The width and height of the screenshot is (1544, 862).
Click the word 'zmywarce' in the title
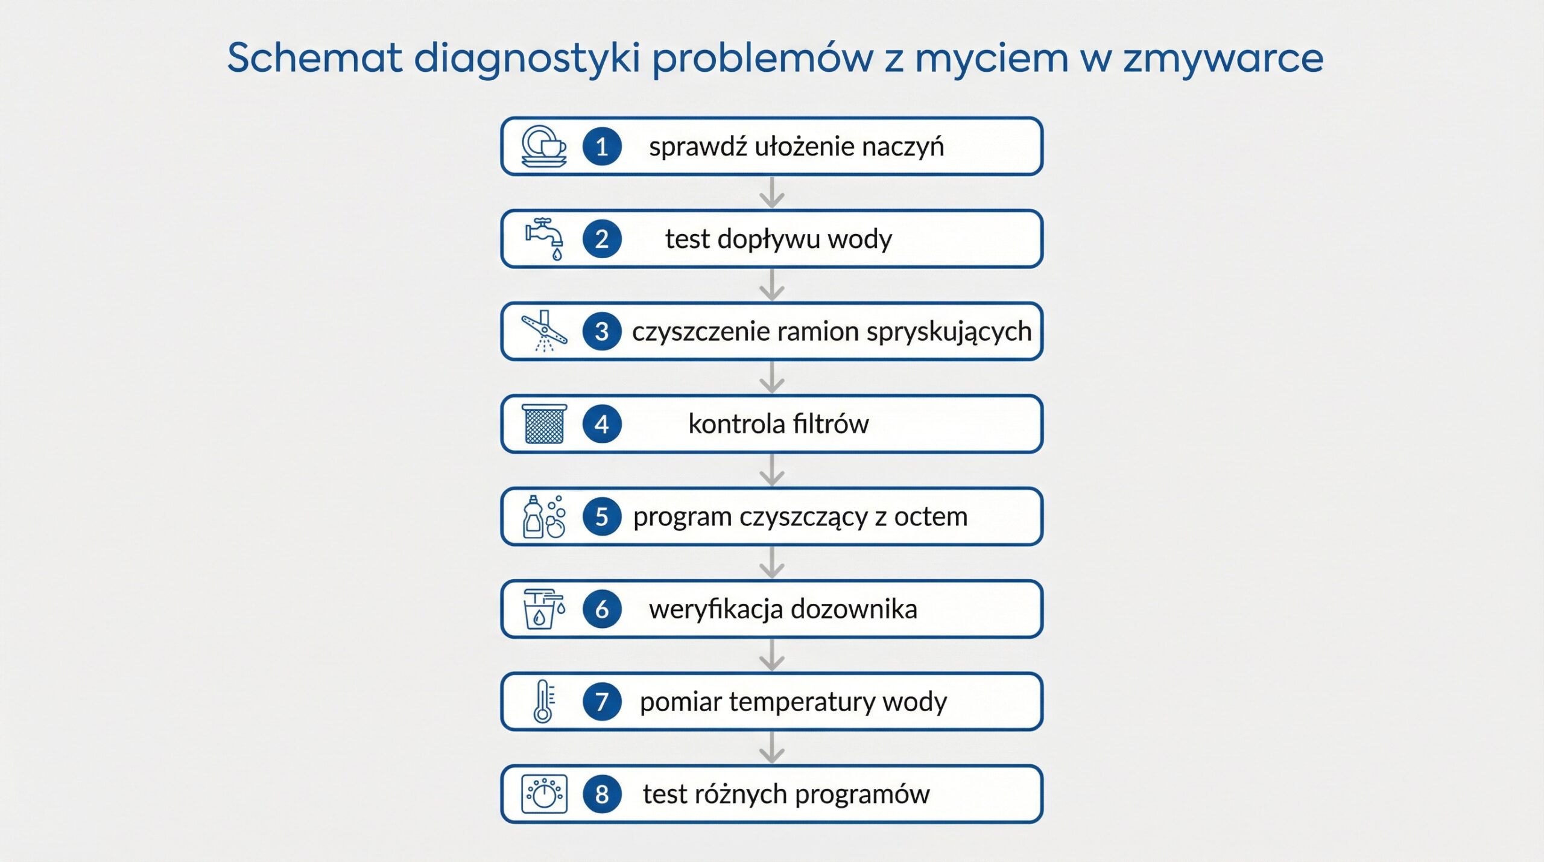(x=1223, y=59)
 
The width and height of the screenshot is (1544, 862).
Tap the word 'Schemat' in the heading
(x=314, y=59)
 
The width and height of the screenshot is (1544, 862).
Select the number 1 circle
(x=601, y=147)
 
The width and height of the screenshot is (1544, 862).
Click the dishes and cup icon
(x=543, y=147)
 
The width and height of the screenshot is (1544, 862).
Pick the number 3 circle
(x=601, y=332)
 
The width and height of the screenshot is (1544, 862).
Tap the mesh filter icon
(x=544, y=424)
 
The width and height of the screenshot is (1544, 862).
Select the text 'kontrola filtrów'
(x=778, y=424)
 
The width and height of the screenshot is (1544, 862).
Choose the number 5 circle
(x=601, y=517)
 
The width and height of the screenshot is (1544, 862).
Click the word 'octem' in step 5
(x=931, y=517)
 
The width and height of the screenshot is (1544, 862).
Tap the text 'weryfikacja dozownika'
(x=783, y=609)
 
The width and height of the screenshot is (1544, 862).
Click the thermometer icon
(x=543, y=702)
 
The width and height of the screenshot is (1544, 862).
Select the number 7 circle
(x=601, y=702)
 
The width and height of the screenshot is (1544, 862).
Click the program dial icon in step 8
(x=544, y=794)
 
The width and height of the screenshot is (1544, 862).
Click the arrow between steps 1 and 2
(x=772, y=192)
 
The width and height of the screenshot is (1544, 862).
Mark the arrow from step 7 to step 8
(x=772, y=748)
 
